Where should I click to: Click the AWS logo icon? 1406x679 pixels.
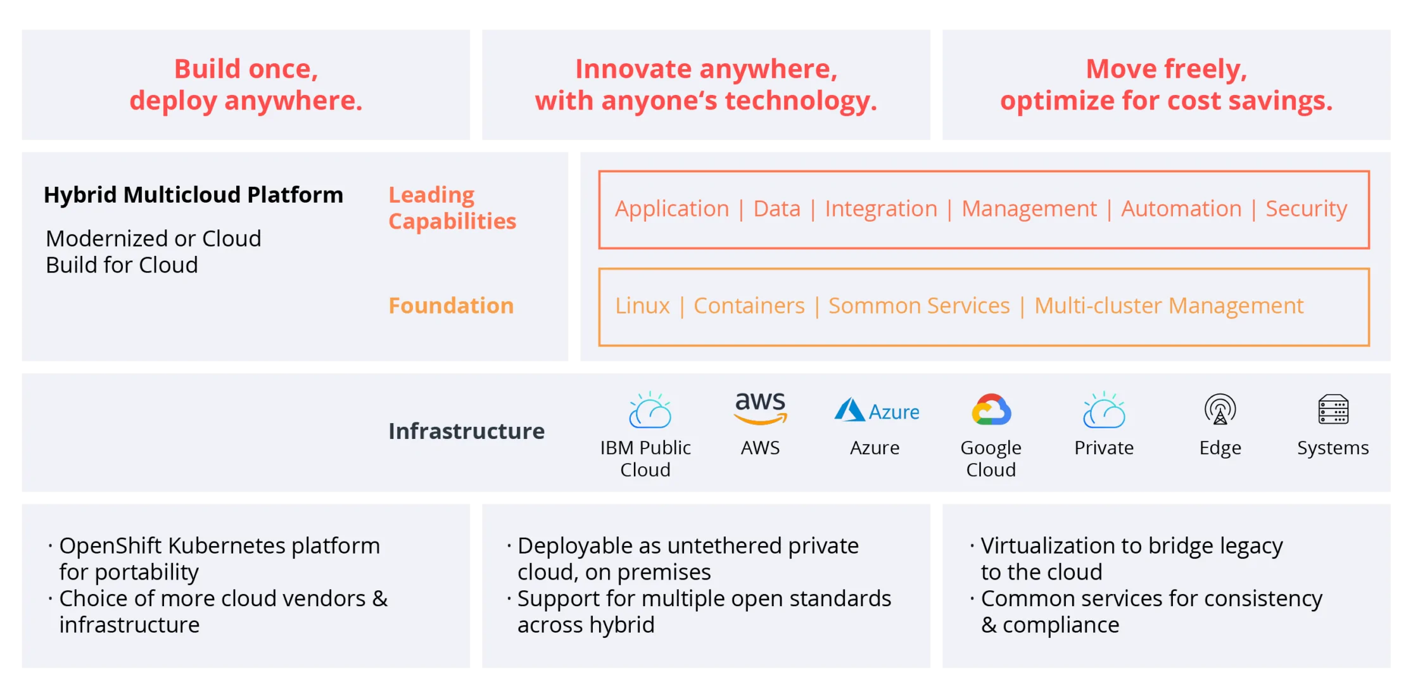[760, 409]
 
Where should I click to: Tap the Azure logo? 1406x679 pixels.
[877, 410]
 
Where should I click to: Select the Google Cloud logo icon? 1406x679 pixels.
[991, 410]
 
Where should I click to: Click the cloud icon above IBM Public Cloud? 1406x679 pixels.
[650, 410]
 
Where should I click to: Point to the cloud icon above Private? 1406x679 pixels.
[1104, 410]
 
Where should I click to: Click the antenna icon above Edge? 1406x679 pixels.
[1220, 409]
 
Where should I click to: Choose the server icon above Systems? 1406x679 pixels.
[1333, 409]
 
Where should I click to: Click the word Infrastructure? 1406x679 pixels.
[466, 431]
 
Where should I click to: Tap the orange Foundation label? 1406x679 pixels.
[451, 306]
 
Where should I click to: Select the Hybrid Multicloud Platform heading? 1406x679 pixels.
[193, 195]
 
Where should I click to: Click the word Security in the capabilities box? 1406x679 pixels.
[1306, 209]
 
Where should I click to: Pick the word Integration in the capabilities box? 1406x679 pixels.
[880, 209]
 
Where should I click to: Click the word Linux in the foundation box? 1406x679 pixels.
[642, 306]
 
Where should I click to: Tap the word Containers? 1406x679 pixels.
[749, 306]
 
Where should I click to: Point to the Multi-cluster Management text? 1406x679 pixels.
[1168, 306]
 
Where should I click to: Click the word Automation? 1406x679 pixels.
[1181, 209]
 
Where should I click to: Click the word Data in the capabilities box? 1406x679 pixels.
[776, 209]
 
